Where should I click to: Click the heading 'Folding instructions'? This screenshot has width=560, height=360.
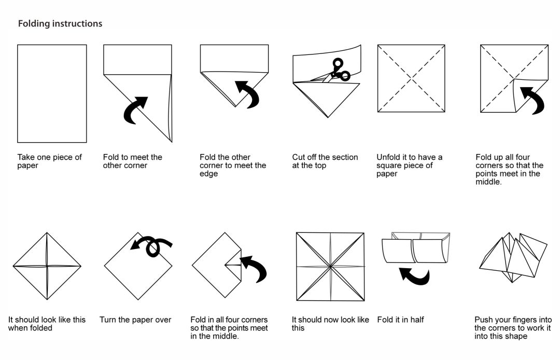[60, 24]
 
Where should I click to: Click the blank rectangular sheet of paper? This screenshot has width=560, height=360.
[52, 93]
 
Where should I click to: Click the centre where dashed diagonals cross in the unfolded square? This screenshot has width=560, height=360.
[411, 78]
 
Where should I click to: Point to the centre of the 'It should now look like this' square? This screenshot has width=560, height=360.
[330, 267]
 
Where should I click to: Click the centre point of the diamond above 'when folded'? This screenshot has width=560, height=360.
[47, 267]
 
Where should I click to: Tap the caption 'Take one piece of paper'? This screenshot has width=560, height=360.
[49, 161]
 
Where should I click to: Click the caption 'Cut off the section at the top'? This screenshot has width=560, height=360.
[325, 161]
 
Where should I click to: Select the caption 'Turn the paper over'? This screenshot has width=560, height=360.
[135, 320]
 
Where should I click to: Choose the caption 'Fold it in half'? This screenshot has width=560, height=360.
[400, 320]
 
